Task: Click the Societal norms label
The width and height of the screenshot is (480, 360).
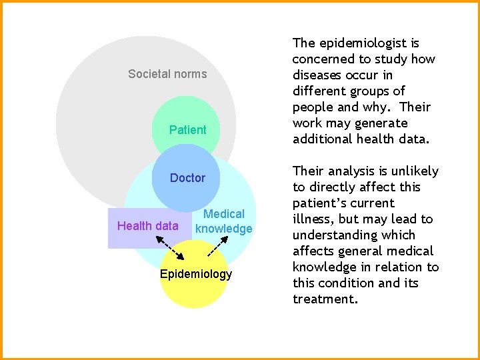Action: [x=167, y=74]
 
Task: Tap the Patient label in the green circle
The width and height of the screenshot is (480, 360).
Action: [x=187, y=130]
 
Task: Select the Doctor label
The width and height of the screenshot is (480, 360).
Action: [x=187, y=178]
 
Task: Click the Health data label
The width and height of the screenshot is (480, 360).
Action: [x=147, y=226]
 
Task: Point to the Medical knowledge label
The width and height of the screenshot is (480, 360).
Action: [x=224, y=221]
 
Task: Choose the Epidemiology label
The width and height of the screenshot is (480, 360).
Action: [x=196, y=274]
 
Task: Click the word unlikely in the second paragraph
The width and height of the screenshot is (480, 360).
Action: [x=415, y=171]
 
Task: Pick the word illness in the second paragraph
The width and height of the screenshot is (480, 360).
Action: [x=313, y=219]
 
